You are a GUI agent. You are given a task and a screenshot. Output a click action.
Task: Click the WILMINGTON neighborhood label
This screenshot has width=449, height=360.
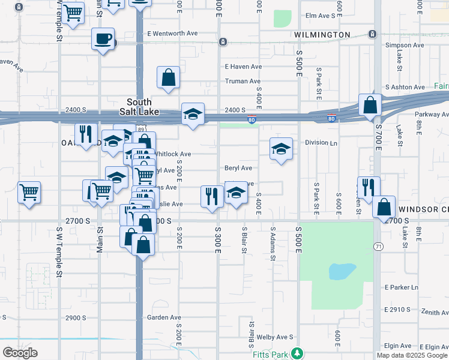coord(323,35)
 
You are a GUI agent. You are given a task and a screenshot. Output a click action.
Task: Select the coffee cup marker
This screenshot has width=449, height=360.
coord(103,40)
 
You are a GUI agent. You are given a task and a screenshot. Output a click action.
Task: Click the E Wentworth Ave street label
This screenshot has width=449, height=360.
coord(172,34)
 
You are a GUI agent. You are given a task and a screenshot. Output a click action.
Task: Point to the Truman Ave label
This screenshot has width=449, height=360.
coord(243,81)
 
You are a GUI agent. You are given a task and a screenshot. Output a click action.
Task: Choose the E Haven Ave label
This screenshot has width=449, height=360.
coord(243,67)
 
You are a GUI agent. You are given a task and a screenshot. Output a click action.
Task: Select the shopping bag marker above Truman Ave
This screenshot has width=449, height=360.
coord(169,77)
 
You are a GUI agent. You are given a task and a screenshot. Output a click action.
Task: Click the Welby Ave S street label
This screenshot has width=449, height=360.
coord(274,337)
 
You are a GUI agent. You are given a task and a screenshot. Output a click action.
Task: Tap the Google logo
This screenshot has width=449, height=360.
coord(20,352)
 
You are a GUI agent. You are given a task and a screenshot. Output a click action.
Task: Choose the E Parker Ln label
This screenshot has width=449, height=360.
coord(402,287)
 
